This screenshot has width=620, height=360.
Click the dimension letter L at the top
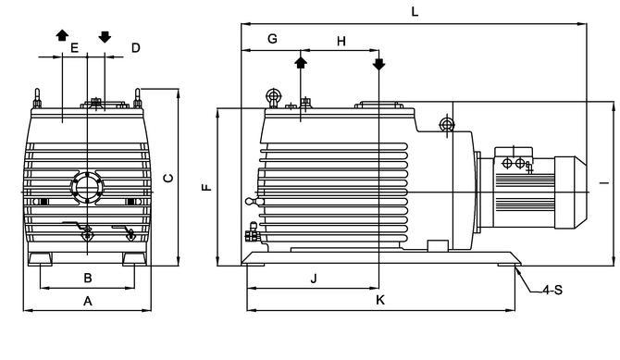pyautogui.click(x=415, y=11)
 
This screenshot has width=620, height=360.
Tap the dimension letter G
pyautogui.click(x=272, y=39)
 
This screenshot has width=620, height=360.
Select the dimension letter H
pyautogui.click(x=341, y=41)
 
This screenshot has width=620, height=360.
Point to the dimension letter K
pyautogui.click(x=380, y=300)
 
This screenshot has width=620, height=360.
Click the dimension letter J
pyautogui.click(x=314, y=279)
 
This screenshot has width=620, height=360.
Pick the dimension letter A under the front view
pyautogui.click(x=88, y=302)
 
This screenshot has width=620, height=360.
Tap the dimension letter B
pyautogui.click(x=88, y=279)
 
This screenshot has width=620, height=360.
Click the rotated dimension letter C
pyautogui.click(x=168, y=179)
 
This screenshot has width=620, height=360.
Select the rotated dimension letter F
pyautogui.click(x=206, y=188)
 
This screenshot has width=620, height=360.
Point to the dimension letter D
pyautogui.click(x=136, y=48)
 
